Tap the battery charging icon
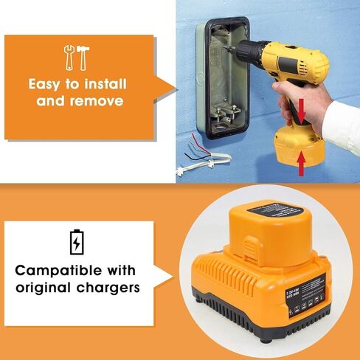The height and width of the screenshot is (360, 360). [76, 240]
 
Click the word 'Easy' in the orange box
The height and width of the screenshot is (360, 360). [49, 83]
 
